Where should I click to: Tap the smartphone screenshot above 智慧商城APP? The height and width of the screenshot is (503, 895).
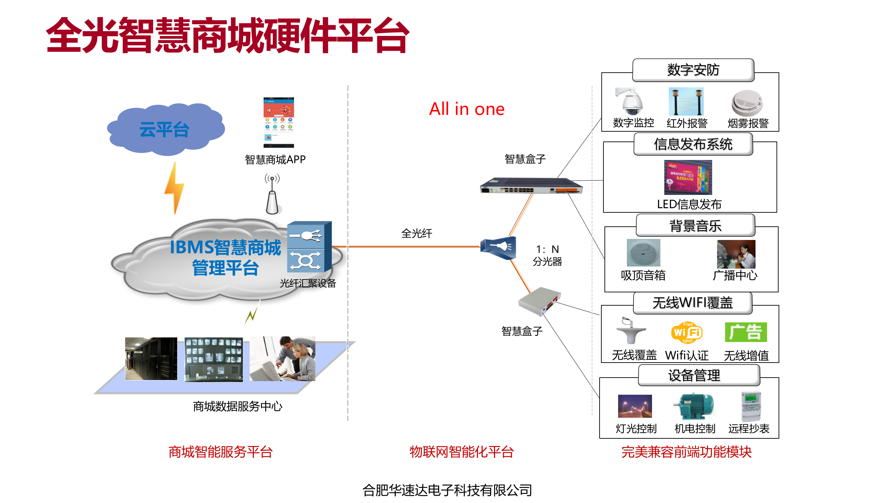click(279, 122)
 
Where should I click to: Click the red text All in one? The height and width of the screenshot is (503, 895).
click(467, 109)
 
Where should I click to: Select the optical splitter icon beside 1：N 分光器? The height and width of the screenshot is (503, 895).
click(498, 248)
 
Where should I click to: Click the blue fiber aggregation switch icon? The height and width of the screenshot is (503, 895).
click(309, 247)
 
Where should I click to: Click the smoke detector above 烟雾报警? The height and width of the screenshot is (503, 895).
click(747, 103)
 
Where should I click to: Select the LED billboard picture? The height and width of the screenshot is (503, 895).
click(688, 177)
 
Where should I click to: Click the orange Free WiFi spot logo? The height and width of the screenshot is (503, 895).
click(687, 332)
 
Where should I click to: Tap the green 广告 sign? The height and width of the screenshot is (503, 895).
click(745, 332)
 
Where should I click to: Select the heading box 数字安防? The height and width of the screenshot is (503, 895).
click(693, 70)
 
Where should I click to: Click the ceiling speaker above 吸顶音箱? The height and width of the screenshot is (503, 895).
click(643, 253)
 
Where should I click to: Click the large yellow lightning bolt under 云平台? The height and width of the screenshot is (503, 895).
click(174, 189)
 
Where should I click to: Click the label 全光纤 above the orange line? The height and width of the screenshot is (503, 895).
click(416, 233)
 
